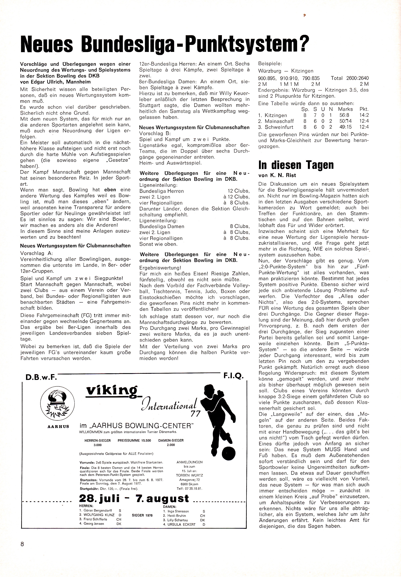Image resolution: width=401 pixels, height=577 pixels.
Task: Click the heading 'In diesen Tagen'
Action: pyautogui.click(x=296, y=165)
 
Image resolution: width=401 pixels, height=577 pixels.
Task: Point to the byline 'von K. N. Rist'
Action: pyautogui.click(x=277, y=175)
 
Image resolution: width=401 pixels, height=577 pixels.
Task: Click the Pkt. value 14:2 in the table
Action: pyautogui.click(x=364, y=115)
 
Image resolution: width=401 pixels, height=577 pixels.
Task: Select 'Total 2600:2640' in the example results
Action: pyautogui.click(x=350, y=78)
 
